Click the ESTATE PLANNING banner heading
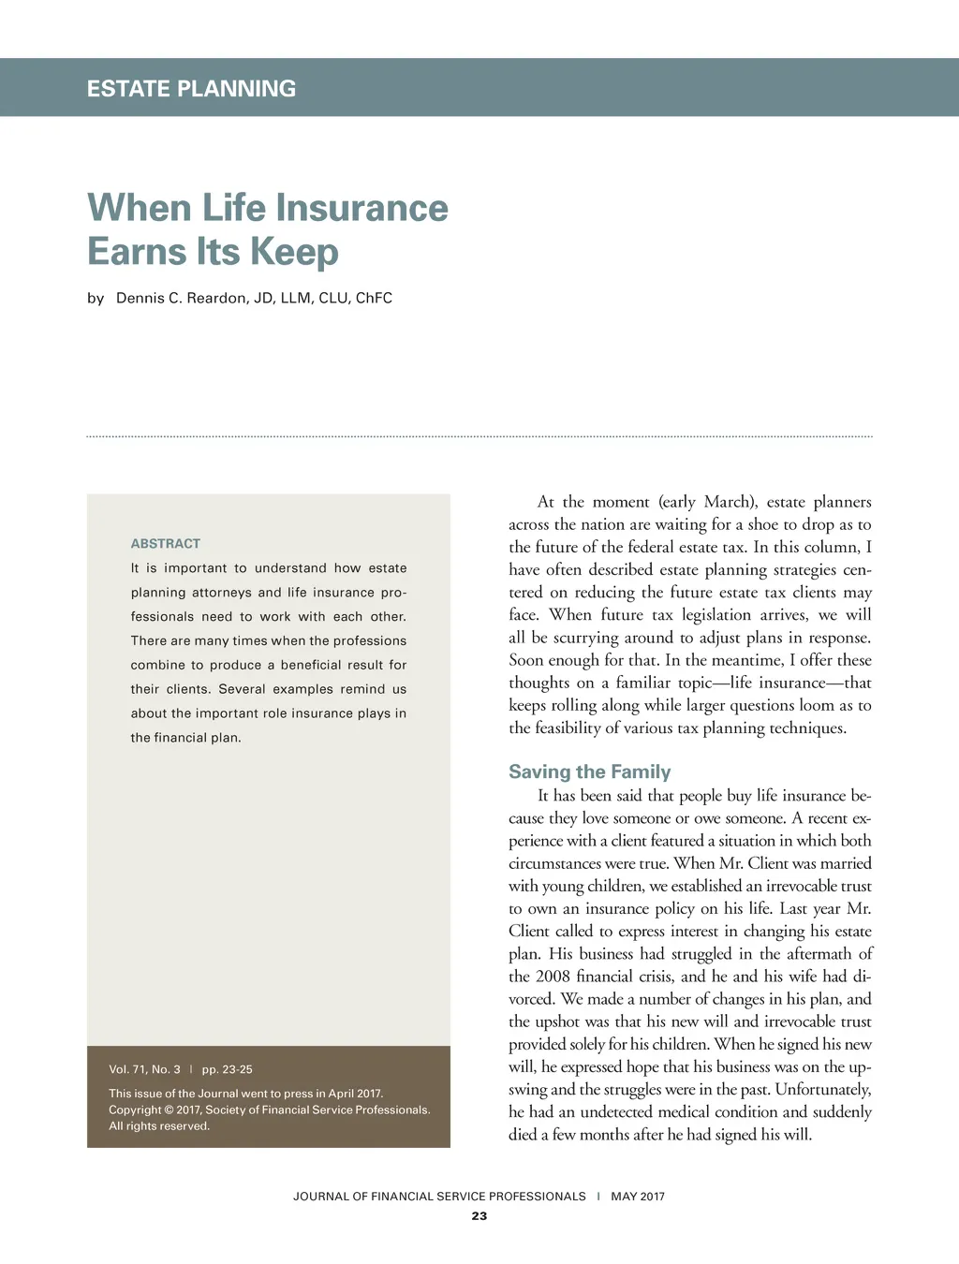point(191,89)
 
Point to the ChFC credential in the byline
point(374,298)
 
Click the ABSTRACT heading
point(166,543)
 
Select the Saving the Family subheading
point(589,772)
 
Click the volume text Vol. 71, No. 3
point(144,1069)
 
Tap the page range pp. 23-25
point(227,1069)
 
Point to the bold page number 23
point(479,1216)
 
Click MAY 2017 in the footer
point(638,1197)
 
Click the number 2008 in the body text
point(553,977)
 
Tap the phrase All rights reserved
point(159,1126)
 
